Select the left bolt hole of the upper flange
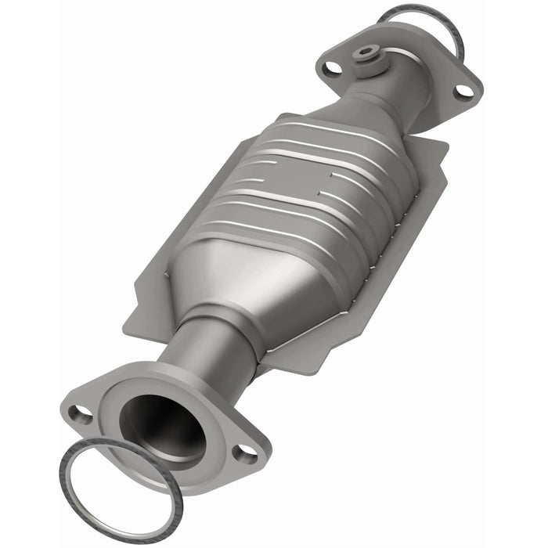click(x=333, y=67)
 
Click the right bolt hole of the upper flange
click(x=463, y=91)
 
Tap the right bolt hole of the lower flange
click(x=246, y=452)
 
